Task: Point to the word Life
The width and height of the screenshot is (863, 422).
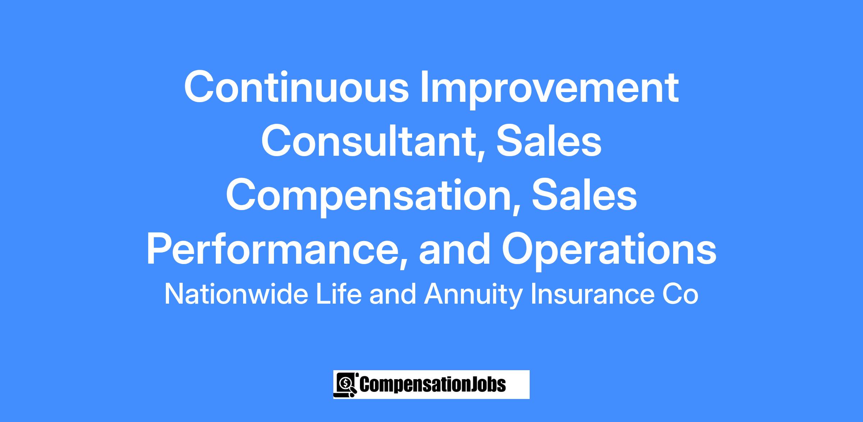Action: point(338,294)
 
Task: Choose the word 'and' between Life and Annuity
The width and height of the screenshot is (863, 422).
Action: point(392,294)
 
